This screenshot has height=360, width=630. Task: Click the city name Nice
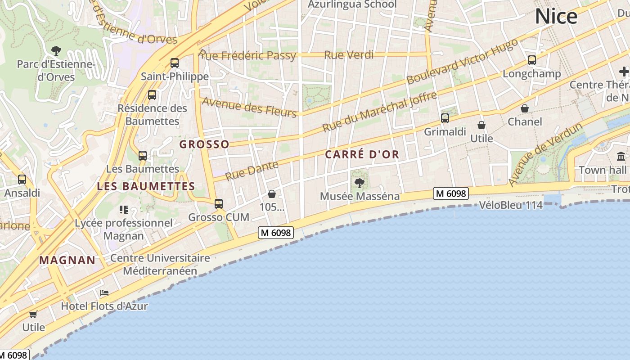[556, 17]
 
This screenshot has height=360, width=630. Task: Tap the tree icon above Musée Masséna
[359, 182]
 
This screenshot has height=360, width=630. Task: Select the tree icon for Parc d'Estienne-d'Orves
[56, 50]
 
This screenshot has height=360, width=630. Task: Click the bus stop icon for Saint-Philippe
[174, 63]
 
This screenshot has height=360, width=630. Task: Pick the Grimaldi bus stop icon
[445, 118]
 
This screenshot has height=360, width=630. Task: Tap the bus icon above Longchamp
[531, 60]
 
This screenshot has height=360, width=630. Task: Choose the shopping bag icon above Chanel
[524, 108]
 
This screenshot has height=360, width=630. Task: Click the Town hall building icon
[621, 157]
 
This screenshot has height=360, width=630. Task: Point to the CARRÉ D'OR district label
[362, 154]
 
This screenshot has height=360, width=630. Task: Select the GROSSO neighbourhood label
[204, 144]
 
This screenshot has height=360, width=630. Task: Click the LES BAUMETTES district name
[146, 186]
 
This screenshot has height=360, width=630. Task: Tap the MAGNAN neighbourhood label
[67, 260]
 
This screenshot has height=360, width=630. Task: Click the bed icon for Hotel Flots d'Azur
[104, 293]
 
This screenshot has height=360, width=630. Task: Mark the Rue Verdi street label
[349, 55]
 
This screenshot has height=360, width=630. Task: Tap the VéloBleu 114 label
[511, 205]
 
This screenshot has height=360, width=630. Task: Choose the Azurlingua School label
[352, 4]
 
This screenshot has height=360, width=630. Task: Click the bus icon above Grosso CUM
[219, 204]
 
